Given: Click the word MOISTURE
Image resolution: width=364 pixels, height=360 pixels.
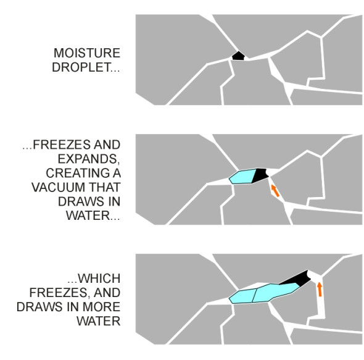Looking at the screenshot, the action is point(87,53).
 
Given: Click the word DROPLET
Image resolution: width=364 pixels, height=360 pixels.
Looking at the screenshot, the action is point(81,67).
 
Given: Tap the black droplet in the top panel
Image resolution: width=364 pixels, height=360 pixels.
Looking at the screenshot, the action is point(238,56).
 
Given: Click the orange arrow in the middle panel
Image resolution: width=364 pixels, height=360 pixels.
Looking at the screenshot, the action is point(275,191).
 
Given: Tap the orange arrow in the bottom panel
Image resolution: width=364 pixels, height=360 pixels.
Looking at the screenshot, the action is point(320,289).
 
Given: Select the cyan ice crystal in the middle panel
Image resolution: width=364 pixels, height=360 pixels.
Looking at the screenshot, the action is point(242,177).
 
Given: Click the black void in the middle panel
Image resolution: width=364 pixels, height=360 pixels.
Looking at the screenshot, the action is point(260,175).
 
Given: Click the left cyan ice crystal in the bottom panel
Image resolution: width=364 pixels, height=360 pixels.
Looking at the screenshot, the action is point(242,296).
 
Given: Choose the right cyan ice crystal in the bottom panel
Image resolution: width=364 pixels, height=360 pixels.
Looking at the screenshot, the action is point(275,292).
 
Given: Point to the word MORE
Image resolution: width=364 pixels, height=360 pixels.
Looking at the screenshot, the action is point(101,307).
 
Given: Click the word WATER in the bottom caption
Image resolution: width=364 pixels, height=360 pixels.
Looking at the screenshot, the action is point(99,321).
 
